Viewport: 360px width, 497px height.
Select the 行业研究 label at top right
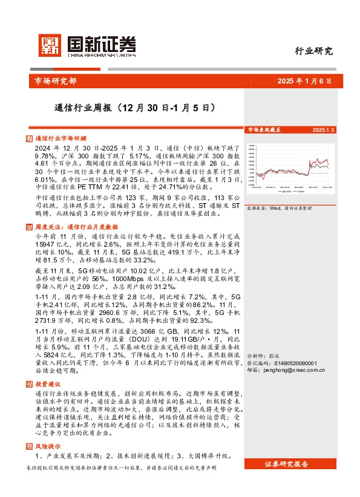coord(313,51)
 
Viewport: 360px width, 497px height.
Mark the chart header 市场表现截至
coord(264,129)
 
